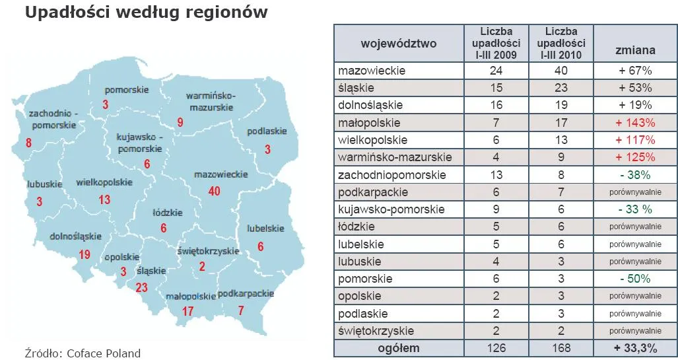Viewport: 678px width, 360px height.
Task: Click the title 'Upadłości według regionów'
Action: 146,13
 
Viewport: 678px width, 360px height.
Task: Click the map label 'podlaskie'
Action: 267,131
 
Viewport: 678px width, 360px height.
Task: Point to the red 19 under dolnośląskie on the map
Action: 84,254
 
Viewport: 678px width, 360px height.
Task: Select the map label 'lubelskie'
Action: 265,229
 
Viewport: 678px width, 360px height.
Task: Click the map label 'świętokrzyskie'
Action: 208,251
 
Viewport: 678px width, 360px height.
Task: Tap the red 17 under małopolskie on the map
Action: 188,311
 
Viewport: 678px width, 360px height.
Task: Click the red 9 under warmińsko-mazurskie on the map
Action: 180,122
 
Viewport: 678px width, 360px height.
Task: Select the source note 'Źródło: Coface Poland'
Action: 83,353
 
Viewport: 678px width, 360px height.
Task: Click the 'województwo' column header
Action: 398,44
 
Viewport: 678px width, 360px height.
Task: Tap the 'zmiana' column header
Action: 635,50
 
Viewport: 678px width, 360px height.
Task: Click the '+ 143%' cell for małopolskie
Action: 635,123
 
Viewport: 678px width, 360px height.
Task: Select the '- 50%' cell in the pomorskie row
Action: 635,279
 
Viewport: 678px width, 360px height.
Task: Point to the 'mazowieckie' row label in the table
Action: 372,71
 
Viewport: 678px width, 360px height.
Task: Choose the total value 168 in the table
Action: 560,348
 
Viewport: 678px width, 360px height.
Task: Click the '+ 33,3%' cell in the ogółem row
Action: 635,348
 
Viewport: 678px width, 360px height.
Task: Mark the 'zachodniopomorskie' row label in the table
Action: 391,175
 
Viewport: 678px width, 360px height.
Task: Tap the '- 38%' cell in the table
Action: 635,175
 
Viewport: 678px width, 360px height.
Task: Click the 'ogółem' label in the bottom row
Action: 398,348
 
